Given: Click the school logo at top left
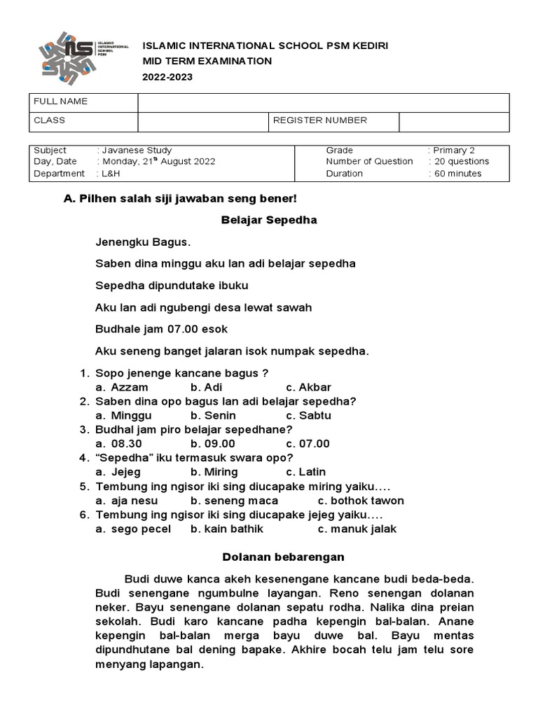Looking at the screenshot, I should (82, 60).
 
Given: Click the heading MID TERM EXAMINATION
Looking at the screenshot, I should (207, 61).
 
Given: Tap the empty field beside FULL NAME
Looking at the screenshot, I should (323, 102).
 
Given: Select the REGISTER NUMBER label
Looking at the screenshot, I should (319, 120).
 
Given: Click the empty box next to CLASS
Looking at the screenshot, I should (202, 121).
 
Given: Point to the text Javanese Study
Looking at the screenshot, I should (139, 151).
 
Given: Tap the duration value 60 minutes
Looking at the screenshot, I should (457, 174).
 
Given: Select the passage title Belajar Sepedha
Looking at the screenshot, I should (269, 220).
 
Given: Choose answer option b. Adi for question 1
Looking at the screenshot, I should (201, 387).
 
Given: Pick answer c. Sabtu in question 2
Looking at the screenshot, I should (308, 415).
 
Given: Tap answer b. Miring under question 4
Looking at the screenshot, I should (214, 472).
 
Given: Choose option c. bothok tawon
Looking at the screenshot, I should (361, 501).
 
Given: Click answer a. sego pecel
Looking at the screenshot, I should (133, 529).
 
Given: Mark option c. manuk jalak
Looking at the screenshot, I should (357, 529).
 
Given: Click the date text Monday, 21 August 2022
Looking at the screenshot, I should (158, 162).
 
